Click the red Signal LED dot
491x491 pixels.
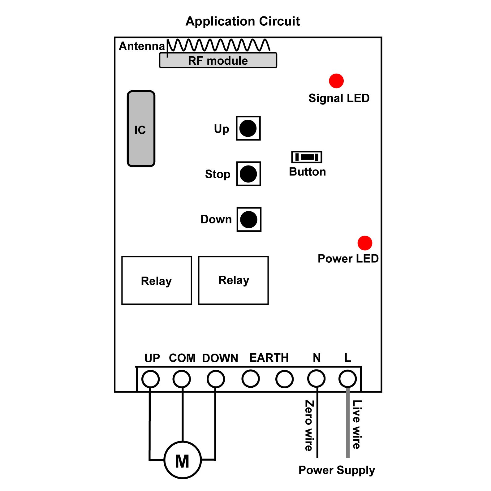tap(336, 81)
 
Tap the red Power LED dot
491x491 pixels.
tap(365, 243)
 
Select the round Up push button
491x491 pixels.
tap(248, 128)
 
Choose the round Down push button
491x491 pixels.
tap(249, 219)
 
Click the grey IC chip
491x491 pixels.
tap(141, 129)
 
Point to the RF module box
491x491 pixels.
tap(218, 60)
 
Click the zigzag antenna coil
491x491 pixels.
tap(218, 45)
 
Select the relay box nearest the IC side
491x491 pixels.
tap(157, 280)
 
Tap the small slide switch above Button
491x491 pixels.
tap(307, 157)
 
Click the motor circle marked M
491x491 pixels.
tap(183, 460)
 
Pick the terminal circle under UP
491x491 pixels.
tap(151, 379)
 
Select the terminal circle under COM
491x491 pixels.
tap(182, 379)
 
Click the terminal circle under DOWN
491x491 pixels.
tap(216, 379)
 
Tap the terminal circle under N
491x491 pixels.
tap(316, 378)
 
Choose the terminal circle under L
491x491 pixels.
tap(348, 378)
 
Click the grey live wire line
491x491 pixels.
tap(348, 422)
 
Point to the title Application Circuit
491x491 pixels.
tap(243, 21)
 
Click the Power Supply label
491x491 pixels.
tap(337, 470)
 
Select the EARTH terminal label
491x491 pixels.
tap(269, 358)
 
